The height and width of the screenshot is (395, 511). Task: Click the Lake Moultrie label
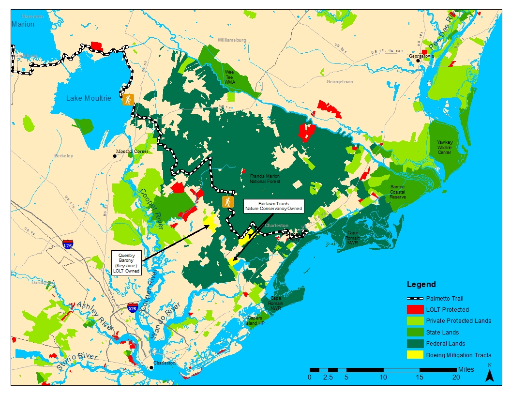[x=89, y=98]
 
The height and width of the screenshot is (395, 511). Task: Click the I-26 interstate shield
[x=68, y=245]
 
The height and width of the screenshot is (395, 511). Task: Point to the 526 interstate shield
[x=132, y=307]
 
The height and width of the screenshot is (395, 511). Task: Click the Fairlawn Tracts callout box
[x=273, y=206]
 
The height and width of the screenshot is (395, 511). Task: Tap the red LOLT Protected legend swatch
[x=415, y=309]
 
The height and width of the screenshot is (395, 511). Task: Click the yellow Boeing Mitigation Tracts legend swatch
[x=415, y=355]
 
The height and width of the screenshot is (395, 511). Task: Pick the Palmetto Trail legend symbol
[x=415, y=298]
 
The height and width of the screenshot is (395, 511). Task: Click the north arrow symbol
[x=490, y=374]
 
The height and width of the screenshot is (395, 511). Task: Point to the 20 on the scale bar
[x=455, y=377]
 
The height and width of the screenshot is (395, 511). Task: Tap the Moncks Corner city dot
[x=115, y=156]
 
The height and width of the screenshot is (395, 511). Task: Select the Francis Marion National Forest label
[x=265, y=179]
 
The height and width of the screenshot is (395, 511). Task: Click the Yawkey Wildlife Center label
[x=445, y=147]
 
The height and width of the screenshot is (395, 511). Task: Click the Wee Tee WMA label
[x=229, y=77]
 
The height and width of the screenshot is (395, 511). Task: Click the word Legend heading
[x=421, y=284]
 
